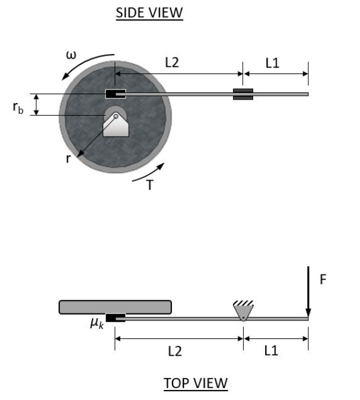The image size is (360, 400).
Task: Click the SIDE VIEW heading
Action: [x=149, y=12]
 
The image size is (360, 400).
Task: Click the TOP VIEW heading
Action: [x=195, y=383]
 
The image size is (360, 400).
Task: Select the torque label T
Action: [x=149, y=185]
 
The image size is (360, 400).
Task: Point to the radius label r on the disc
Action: [x=70, y=159]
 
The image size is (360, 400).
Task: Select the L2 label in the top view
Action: [x=174, y=351]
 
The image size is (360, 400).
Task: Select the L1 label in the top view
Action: [x=271, y=351]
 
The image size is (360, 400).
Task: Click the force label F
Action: [x=323, y=279]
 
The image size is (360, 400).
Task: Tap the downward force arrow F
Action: [x=308, y=290]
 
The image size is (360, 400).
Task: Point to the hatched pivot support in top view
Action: [x=242, y=309]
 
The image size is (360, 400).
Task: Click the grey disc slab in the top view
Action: [x=115, y=306]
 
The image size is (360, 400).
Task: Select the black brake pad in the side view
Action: [x=115, y=94]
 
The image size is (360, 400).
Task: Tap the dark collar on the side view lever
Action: [x=243, y=94]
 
